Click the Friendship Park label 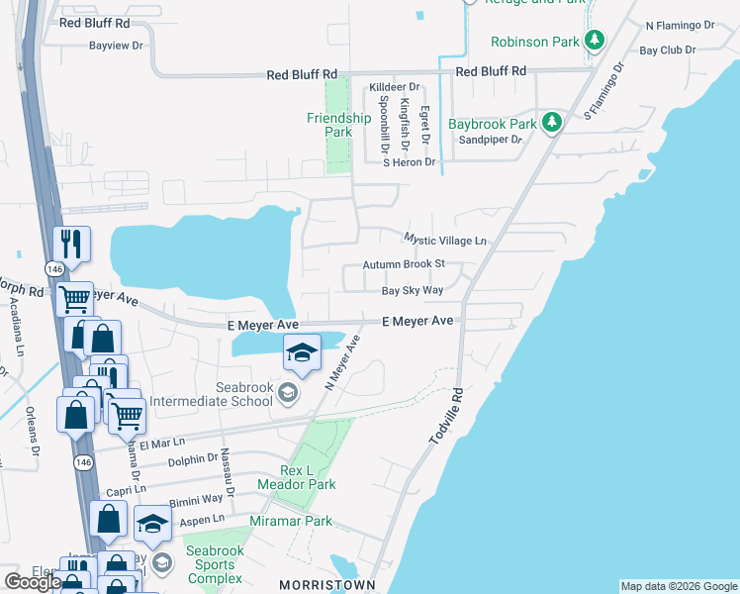pyautogui.click(x=338, y=125)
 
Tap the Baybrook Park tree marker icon pyautogui.click(x=552, y=124)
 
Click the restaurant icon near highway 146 pyautogui.click(x=71, y=243)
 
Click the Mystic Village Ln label pyautogui.click(x=445, y=241)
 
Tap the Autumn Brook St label pyautogui.click(x=405, y=264)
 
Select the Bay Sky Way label pyautogui.click(x=413, y=291)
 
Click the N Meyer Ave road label pyautogui.click(x=342, y=362)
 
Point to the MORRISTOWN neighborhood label pyautogui.click(x=328, y=585)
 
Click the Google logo pyautogui.click(x=33, y=581)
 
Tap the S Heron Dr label pyautogui.click(x=410, y=162)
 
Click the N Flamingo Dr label pyautogui.click(x=679, y=25)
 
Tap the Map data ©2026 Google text pyautogui.click(x=678, y=586)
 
